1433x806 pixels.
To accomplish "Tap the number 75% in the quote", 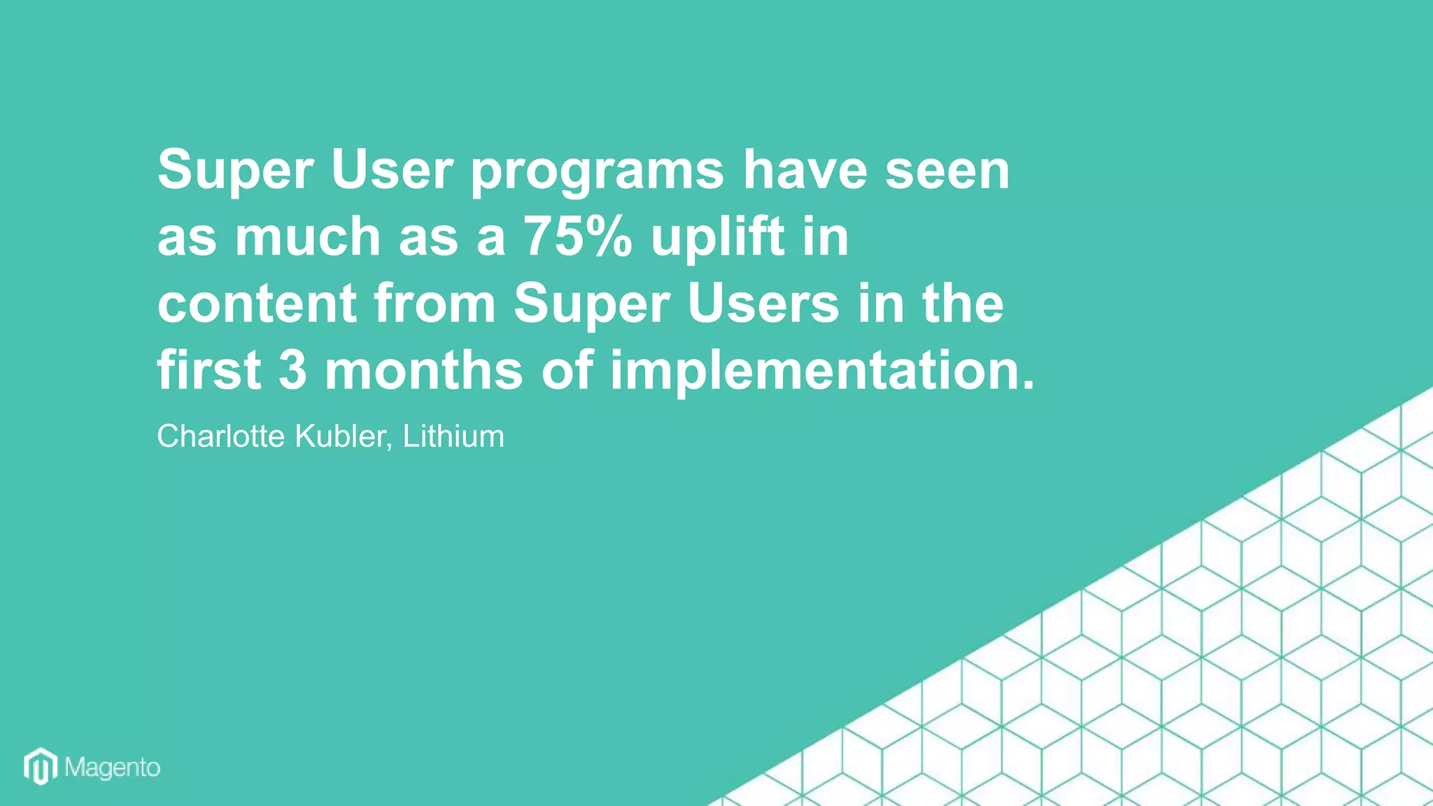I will [578, 236].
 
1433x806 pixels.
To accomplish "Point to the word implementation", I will [822, 371].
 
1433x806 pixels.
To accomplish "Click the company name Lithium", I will [453, 436].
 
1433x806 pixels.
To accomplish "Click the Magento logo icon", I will [41, 767].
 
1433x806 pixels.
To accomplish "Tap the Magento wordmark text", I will [113, 768].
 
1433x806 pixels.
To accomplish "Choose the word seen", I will [947, 170].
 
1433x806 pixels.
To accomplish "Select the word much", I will [307, 236].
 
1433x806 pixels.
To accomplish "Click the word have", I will [805, 170].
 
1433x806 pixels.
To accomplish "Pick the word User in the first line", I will [393, 170].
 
